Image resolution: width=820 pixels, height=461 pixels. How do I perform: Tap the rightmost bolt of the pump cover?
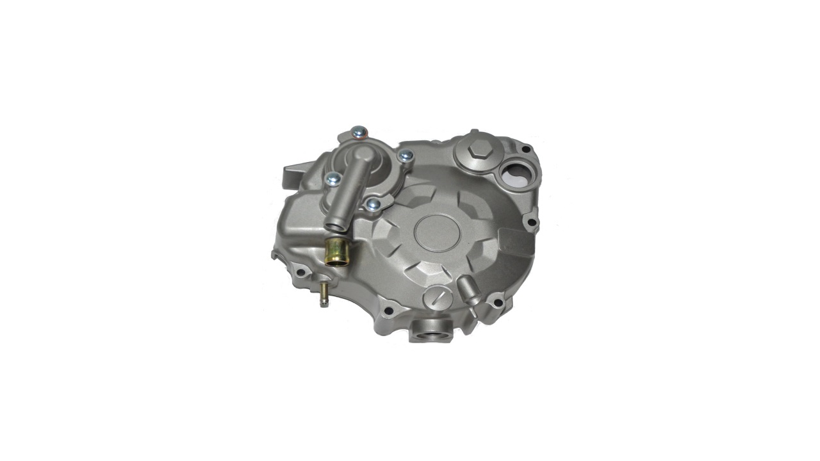click(406, 155)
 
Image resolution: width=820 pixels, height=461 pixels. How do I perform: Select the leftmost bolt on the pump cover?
click(332, 180)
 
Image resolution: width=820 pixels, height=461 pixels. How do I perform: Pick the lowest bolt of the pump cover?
click(373, 204)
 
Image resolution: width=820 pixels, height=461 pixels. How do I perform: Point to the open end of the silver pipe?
click(335, 225)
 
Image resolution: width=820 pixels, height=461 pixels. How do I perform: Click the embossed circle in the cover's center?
click(439, 232)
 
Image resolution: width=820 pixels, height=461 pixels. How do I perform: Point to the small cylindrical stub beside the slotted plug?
click(468, 291)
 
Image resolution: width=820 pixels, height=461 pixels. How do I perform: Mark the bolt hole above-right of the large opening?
click(526, 149)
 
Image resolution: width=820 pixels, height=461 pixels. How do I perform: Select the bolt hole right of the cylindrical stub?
click(496, 298)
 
